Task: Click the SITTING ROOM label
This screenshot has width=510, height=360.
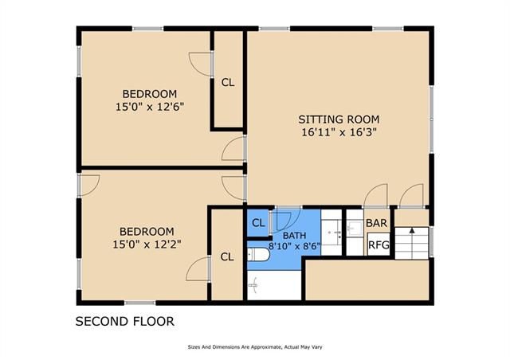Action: tap(339, 119)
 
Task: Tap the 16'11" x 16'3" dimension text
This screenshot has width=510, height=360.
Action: tap(339, 132)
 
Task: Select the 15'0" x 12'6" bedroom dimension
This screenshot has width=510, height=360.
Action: tap(150, 107)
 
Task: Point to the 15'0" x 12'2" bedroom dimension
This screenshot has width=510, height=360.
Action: tap(147, 244)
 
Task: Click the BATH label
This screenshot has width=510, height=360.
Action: tap(294, 236)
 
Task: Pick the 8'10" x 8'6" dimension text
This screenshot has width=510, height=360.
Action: tap(294, 246)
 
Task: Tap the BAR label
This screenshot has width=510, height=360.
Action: tap(377, 223)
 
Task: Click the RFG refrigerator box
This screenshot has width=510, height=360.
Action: tap(379, 245)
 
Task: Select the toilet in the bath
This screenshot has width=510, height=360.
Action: tap(257, 255)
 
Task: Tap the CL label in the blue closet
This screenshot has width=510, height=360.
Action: tap(258, 223)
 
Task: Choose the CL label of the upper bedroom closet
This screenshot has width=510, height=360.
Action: tap(228, 83)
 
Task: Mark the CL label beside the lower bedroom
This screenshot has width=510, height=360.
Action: tap(226, 257)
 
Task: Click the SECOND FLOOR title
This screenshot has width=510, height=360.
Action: tap(125, 321)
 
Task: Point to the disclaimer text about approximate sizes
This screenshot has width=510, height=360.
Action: tap(255, 347)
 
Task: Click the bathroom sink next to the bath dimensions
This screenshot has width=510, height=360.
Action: tap(335, 233)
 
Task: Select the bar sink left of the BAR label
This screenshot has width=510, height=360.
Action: tap(355, 229)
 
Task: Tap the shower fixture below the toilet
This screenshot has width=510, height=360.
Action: tap(253, 285)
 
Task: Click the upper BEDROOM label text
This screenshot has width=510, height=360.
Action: tap(150, 94)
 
